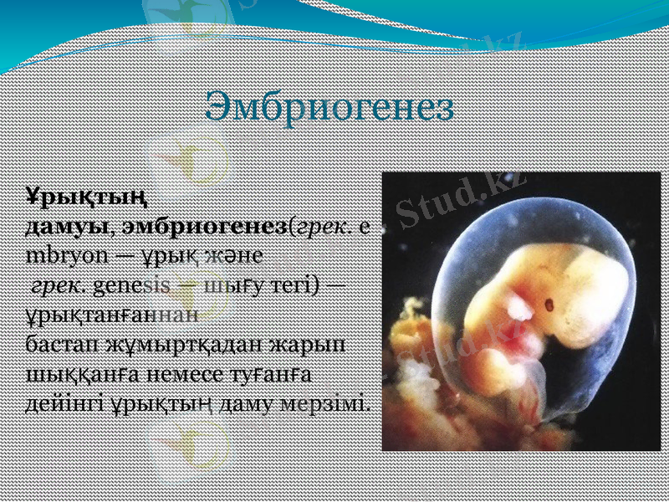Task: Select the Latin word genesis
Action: [x=133, y=284]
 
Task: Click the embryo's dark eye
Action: [x=551, y=302]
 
